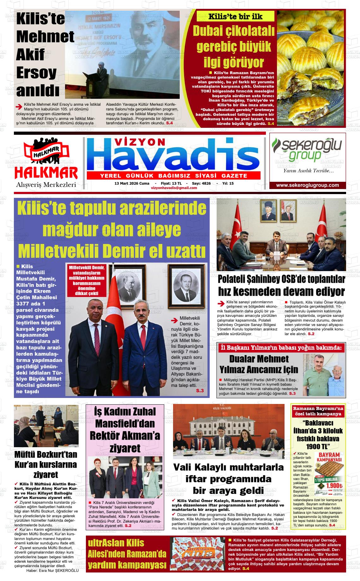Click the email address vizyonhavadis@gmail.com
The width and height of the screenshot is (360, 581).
[x=174, y=188]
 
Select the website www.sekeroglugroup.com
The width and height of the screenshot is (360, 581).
[x=307, y=185]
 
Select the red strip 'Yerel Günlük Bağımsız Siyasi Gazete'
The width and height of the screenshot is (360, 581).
[x=173, y=176]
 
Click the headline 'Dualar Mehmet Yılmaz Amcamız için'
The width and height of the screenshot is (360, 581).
[x=259, y=364]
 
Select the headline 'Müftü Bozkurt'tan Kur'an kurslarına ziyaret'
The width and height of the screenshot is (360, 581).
[x=46, y=464]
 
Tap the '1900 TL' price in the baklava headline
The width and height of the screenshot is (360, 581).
[x=318, y=446]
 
